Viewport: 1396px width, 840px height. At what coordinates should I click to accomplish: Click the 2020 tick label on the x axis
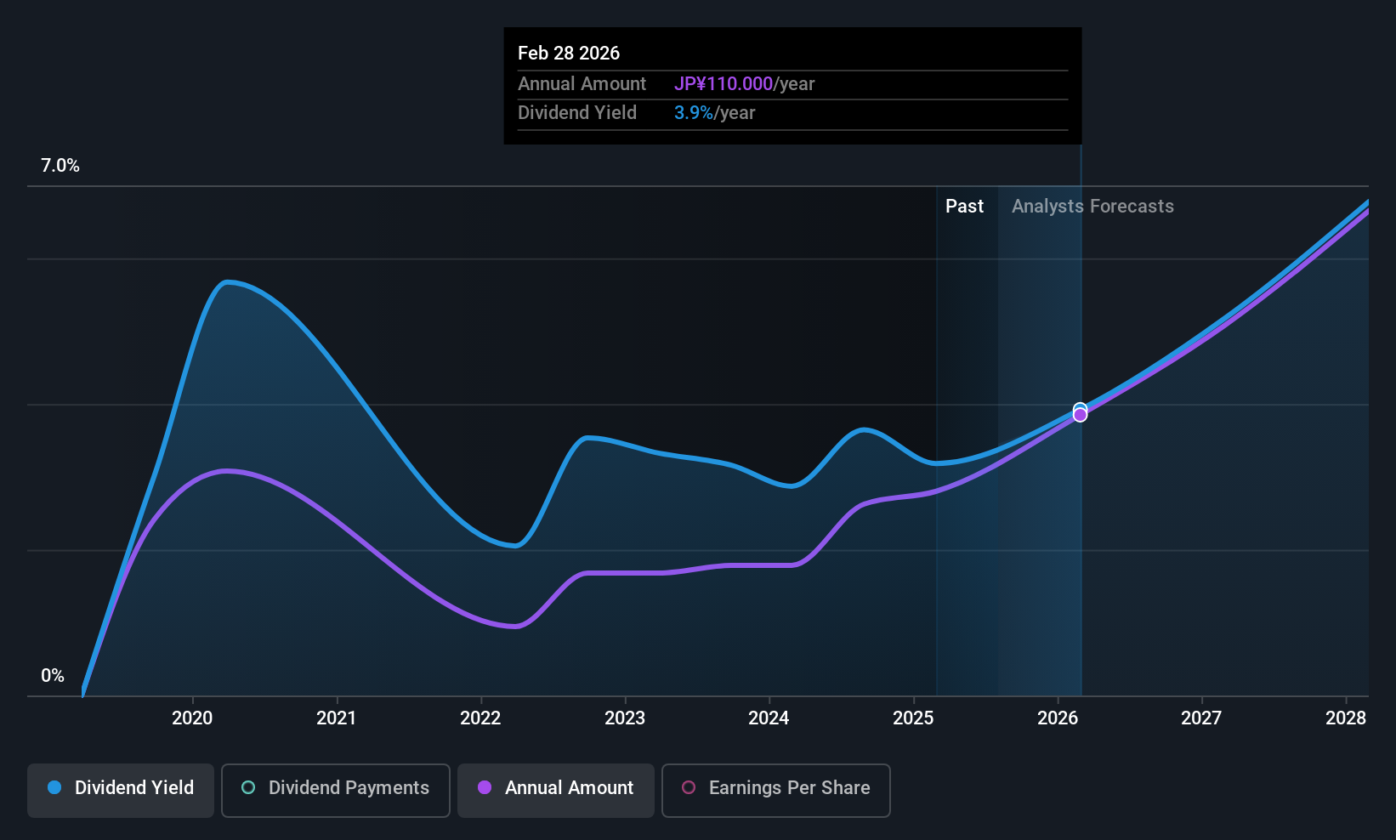point(192,718)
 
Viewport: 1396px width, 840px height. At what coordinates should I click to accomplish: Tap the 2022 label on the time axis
point(480,718)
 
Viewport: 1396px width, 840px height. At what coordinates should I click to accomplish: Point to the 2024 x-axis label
point(769,718)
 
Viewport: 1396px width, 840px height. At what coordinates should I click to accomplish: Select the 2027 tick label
point(1201,718)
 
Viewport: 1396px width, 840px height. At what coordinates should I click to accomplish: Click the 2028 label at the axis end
point(1346,718)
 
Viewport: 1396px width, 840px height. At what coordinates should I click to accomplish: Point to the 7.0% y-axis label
point(60,166)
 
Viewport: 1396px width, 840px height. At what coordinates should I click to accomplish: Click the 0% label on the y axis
point(53,676)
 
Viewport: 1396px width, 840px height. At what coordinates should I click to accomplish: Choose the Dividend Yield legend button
point(121,788)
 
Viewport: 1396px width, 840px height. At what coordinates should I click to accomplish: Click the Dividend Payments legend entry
point(336,788)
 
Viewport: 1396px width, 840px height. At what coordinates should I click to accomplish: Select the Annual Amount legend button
point(556,788)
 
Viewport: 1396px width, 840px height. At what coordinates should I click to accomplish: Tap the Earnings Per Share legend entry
point(776,788)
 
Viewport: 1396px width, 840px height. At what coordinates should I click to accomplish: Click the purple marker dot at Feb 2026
point(1080,415)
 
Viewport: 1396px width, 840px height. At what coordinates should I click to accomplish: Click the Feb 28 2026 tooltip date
point(569,53)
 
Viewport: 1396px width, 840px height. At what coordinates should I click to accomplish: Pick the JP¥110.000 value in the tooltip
point(724,84)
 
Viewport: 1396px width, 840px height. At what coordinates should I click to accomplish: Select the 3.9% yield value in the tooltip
point(694,113)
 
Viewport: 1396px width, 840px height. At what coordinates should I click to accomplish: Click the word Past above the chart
point(964,207)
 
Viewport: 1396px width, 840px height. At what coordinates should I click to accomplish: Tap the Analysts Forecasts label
point(1092,207)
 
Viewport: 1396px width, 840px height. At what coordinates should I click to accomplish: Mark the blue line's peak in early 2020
point(226,281)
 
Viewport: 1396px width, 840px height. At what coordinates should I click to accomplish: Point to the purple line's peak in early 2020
point(226,470)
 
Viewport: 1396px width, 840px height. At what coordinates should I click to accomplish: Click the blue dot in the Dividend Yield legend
point(54,788)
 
